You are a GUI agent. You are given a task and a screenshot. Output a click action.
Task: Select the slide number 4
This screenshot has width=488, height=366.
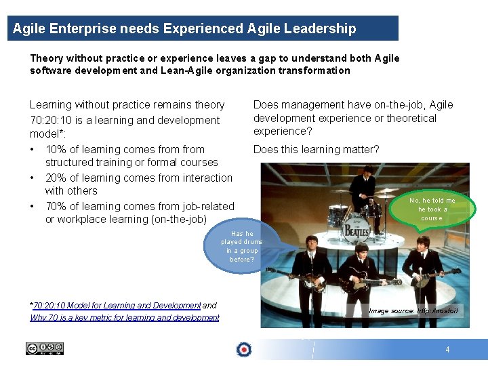pos(447,350)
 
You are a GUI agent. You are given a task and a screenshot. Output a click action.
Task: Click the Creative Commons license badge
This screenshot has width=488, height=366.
pos(45,348)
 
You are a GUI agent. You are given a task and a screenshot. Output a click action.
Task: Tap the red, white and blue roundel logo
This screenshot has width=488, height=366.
pos(244,349)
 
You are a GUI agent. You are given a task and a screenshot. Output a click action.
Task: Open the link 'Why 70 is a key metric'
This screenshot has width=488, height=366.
pos(125,317)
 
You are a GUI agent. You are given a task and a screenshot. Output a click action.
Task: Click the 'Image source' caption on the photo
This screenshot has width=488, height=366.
pos(413,310)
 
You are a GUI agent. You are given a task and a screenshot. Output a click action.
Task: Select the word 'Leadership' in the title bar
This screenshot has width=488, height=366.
pos(322,28)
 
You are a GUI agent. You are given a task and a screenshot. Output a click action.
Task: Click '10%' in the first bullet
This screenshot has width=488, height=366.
pos(57,149)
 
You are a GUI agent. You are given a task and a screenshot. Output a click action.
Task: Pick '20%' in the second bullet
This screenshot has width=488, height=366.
pos(57,178)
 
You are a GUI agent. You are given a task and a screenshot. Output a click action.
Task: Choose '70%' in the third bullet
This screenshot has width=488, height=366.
pos(57,206)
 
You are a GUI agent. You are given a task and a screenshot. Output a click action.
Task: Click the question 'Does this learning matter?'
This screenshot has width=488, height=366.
pos(316,149)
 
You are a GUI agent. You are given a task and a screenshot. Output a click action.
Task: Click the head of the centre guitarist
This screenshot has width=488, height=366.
pos(360,249)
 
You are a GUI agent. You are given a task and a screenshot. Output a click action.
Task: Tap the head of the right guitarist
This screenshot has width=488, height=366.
pos(422,241)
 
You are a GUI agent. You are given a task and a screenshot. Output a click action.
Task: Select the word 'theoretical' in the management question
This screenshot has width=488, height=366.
pos(409,118)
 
